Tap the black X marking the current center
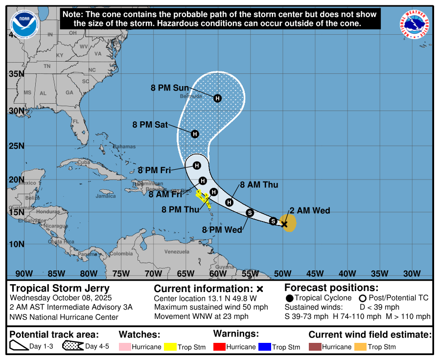tap(284, 224)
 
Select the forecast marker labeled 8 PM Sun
tap(218, 98)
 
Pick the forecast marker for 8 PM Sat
tap(195, 134)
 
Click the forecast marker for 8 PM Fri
tap(197, 165)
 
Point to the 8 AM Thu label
tap(259, 185)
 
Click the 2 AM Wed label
tap(310, 211)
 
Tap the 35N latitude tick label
tap(17, 74)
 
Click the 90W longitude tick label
tap(23, 273)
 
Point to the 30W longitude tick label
tap(412, 273)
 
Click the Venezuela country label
tap(177, 252)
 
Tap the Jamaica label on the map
tap(106, 196)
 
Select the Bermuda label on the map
tap(191, 96)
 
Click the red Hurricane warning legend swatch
tap(221, 347)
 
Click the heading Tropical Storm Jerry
tap(60, 289)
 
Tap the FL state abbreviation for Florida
tap(75, 121)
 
